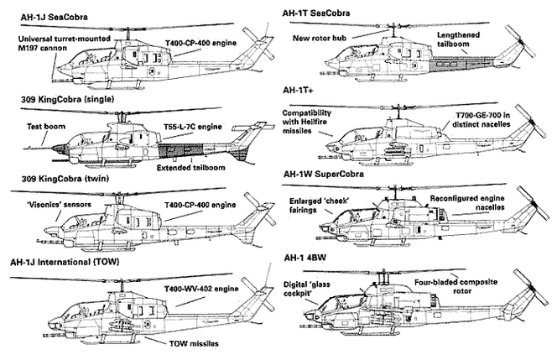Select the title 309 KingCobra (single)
coord(69,100)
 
